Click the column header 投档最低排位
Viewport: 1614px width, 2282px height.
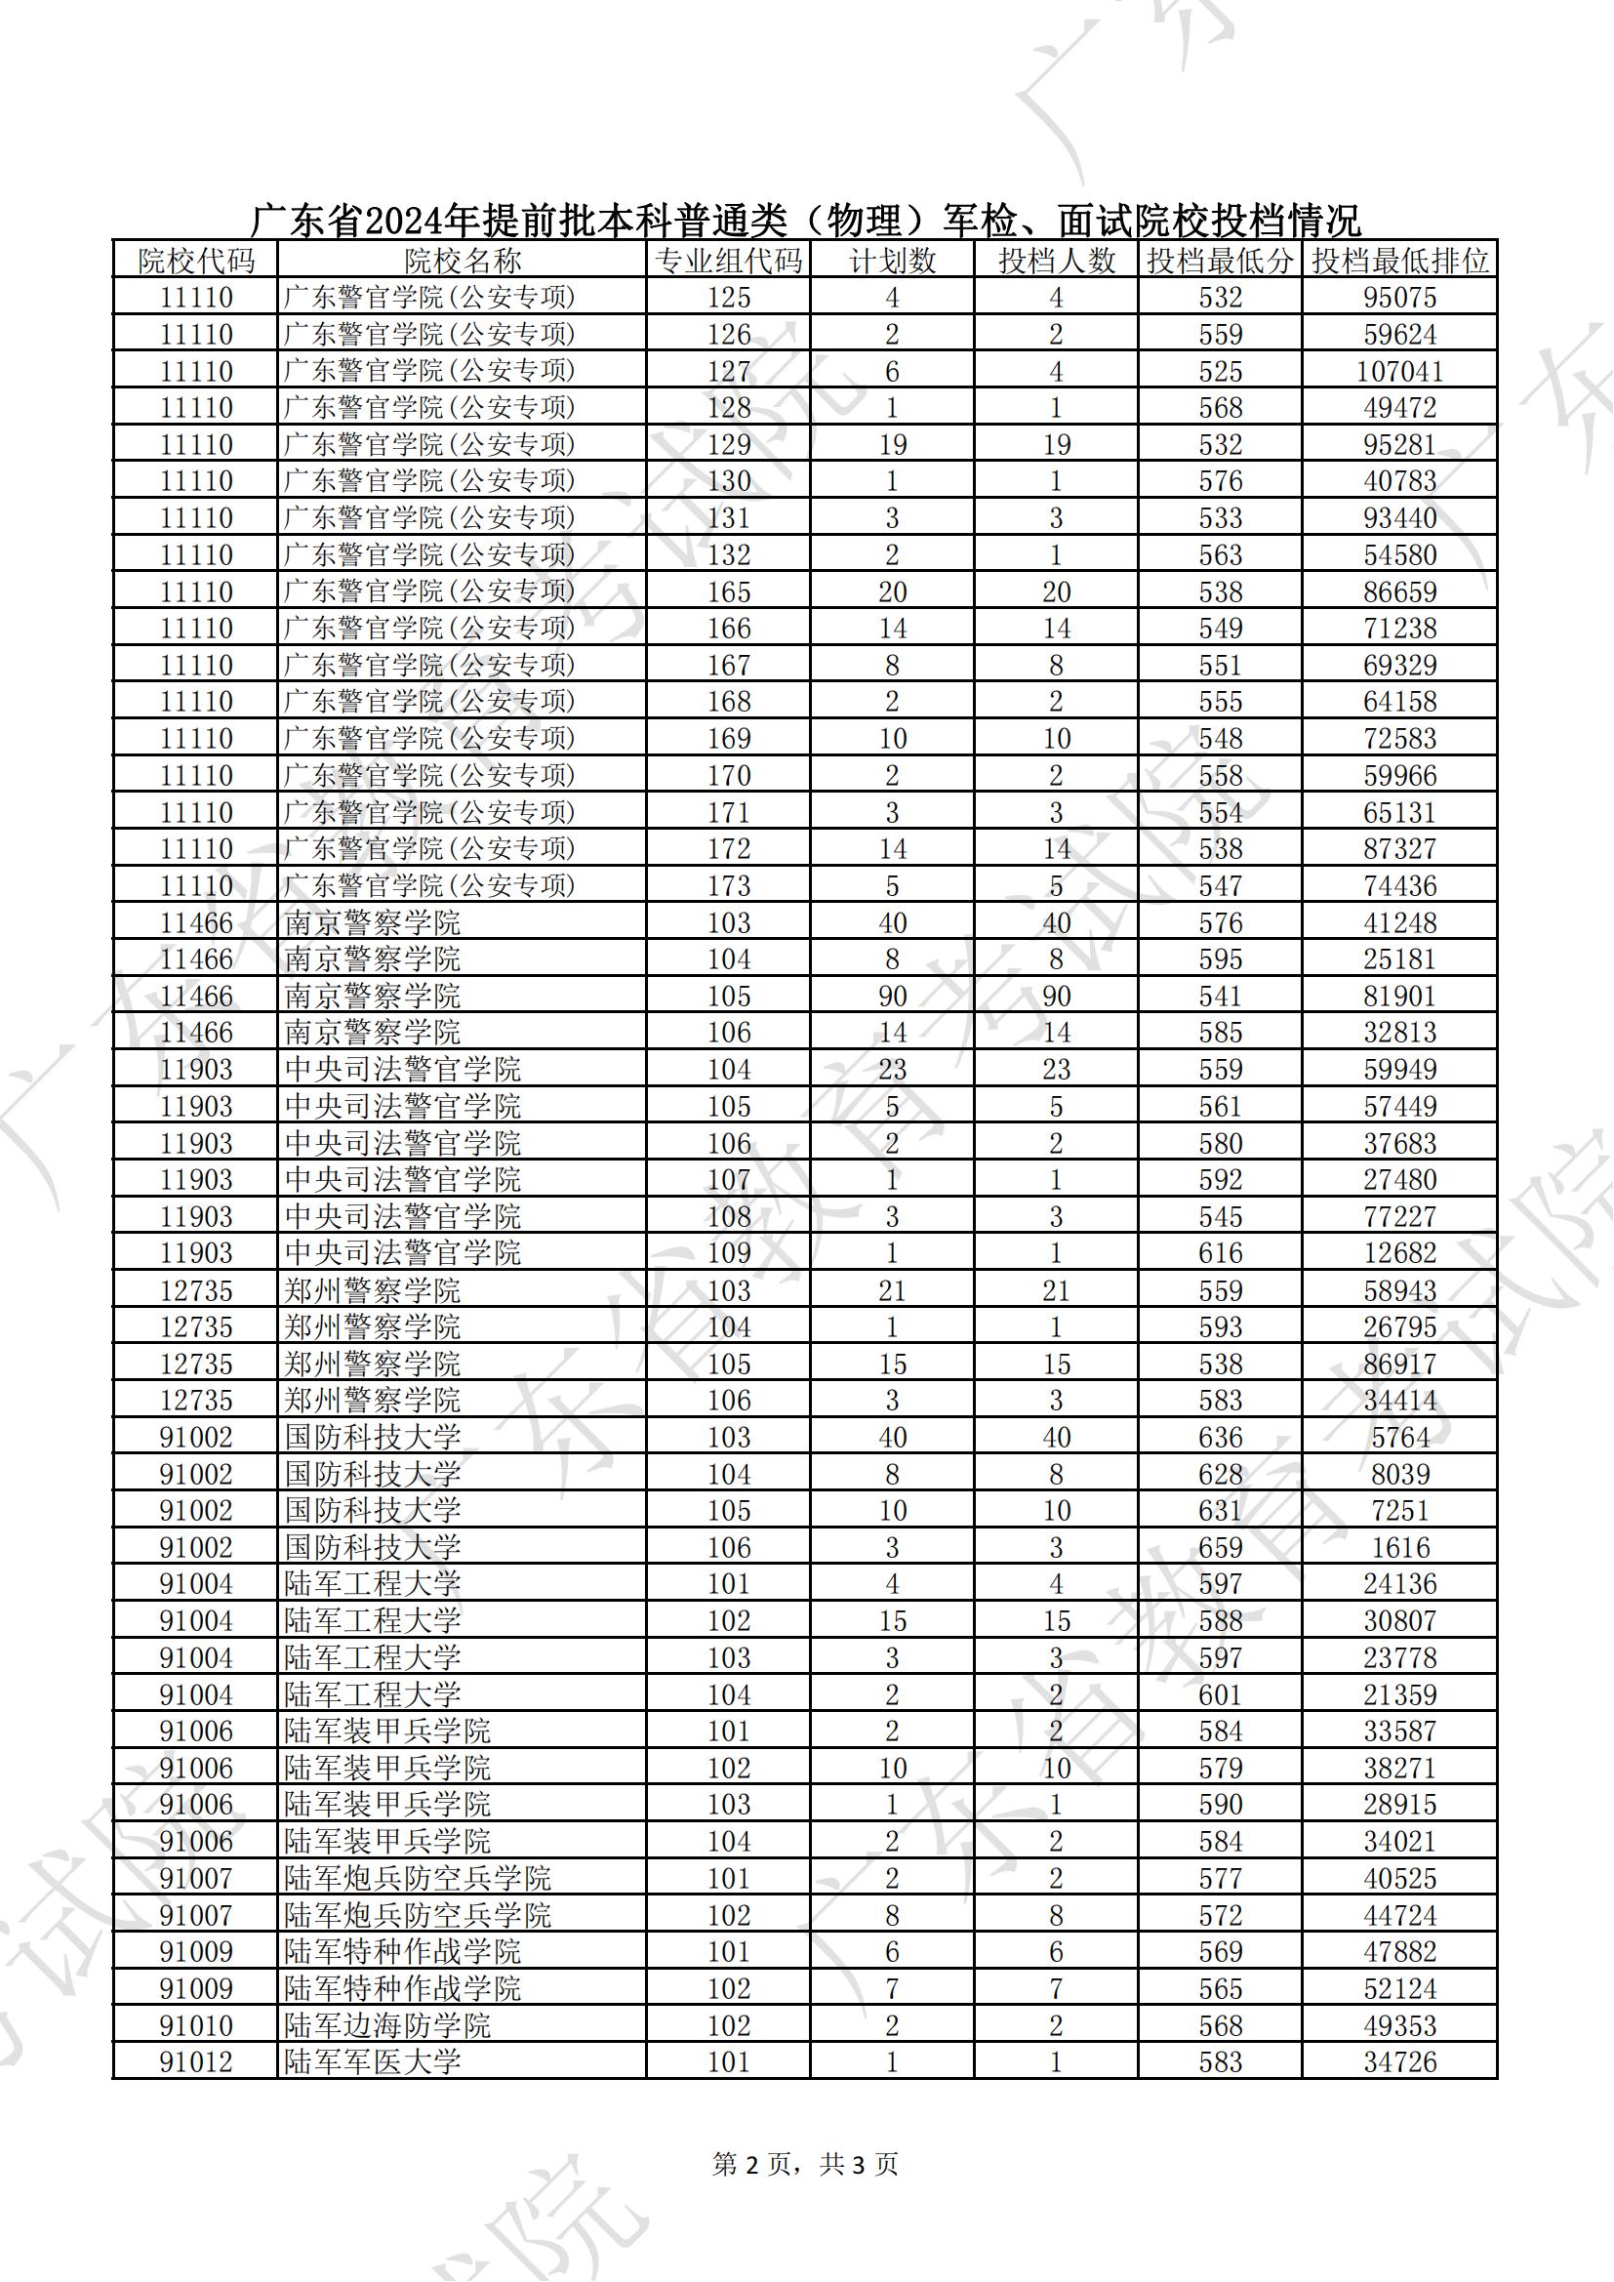[x=1399, y=262]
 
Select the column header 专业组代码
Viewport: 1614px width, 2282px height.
[x=729, y=262]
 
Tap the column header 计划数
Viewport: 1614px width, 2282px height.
[x=892, y=262]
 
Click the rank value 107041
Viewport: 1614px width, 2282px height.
[x=1399, y=372]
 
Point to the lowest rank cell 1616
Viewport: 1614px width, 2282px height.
[x=1399, y=1547]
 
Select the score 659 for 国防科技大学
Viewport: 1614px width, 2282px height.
[x=1220, y=1547]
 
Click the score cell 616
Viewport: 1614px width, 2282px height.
[x=1220, y=1253]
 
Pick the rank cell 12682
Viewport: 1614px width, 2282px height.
[x=1399, y=1253]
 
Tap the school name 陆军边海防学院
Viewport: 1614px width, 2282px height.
[x=386, y=2025]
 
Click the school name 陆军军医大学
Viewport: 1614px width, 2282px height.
[x=372, y=2062]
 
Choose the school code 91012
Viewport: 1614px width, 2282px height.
[x=196, y=2062]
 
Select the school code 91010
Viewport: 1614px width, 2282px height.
[x=196, y=2025]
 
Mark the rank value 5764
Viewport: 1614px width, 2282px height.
[x=1399, y=1437]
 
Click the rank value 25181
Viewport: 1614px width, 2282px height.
[x=1399, y=959]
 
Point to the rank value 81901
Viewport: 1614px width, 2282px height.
[x=1399, y=996]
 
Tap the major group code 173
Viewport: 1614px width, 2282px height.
[x=729, y=885]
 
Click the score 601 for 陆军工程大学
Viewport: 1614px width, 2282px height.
[x=1220, y=1694]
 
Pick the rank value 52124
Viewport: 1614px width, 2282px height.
[x=1399, y=1989]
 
